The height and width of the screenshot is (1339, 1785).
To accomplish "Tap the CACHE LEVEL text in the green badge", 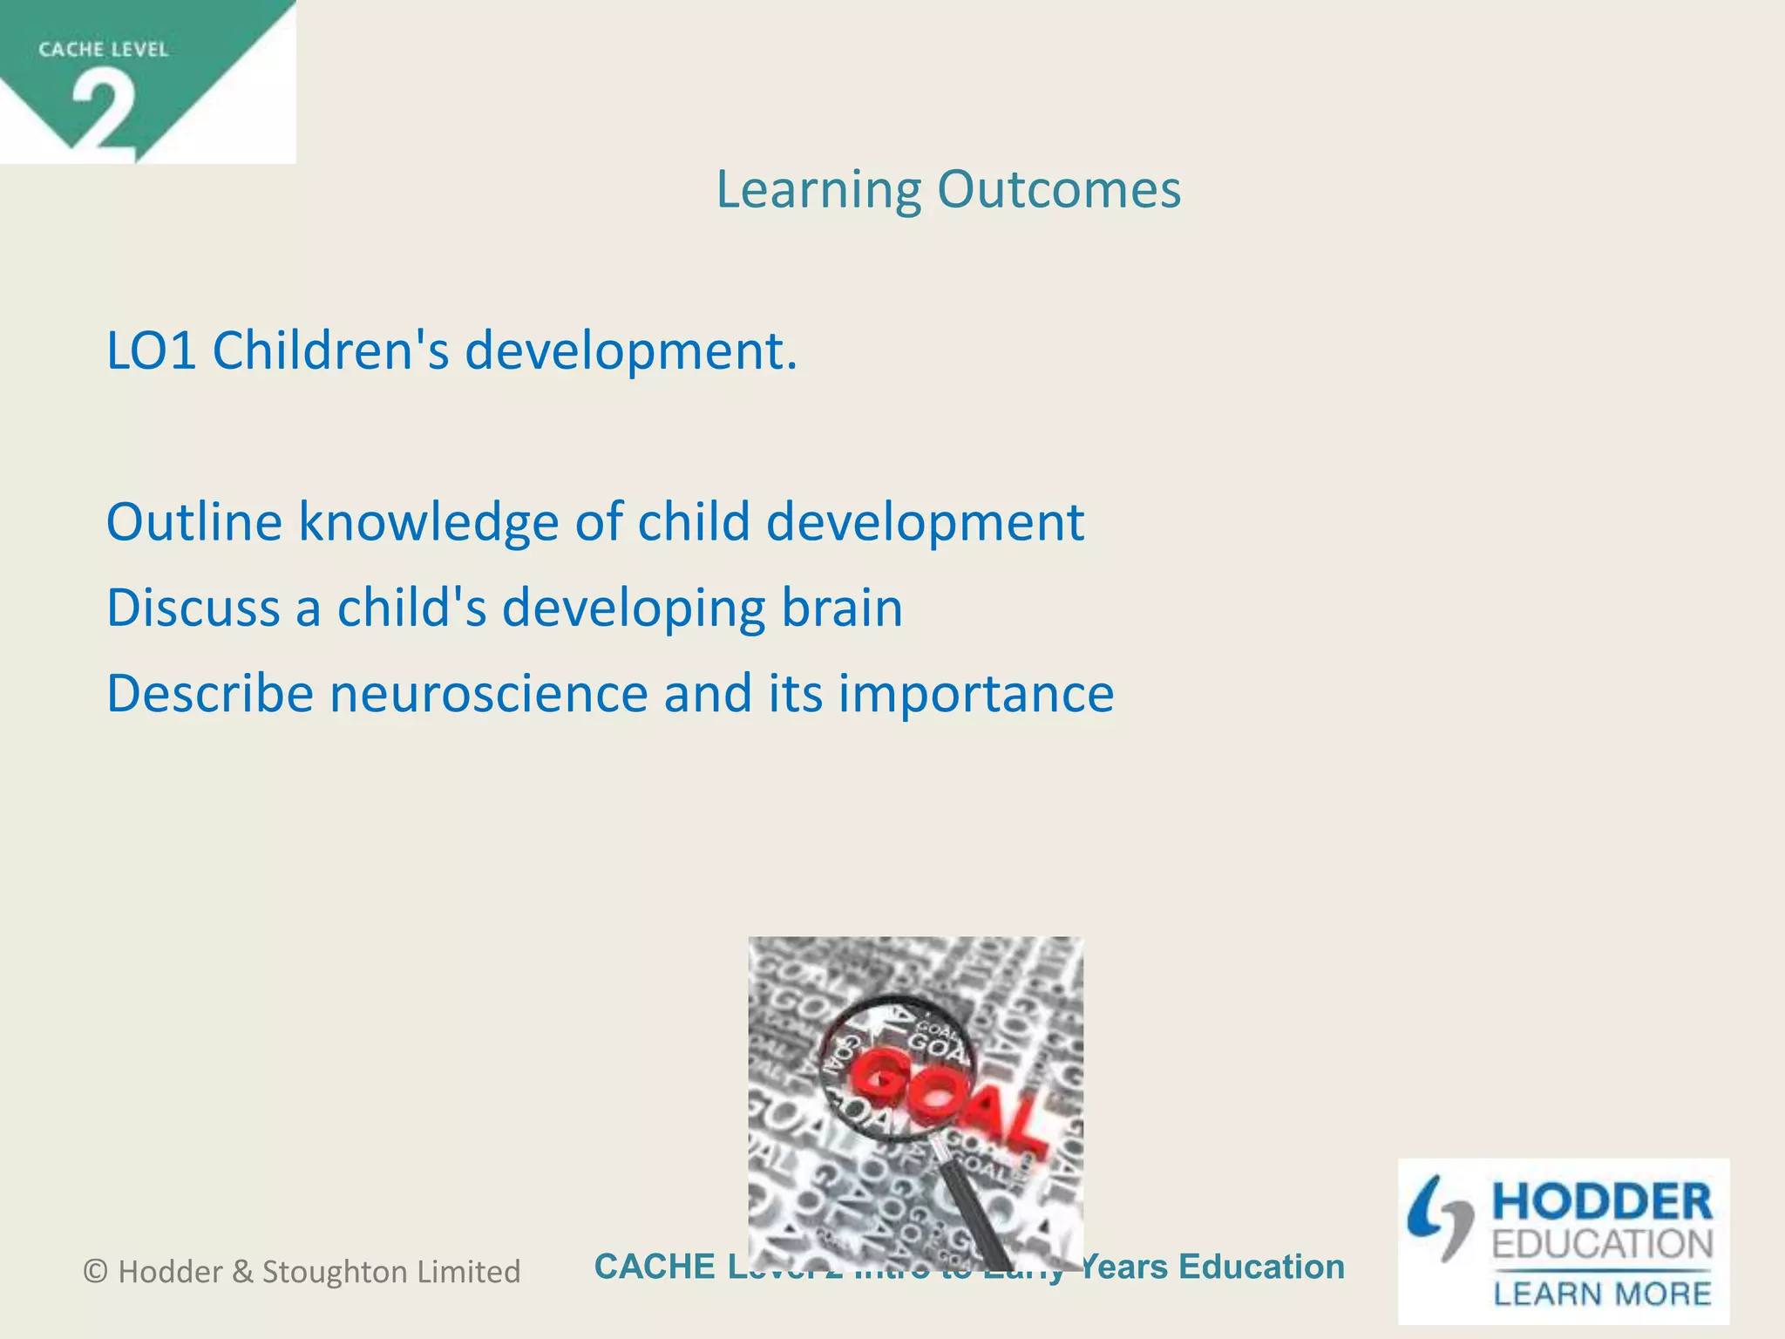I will (x=103, y=50).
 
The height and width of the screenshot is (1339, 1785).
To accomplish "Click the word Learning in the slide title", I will (x=818, y=190).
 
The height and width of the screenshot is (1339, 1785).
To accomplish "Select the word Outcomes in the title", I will (x=1059, y=190).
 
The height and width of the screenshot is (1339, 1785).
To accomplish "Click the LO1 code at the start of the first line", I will (x=151, y=351).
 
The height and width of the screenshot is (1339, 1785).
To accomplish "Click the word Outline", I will (x=194, y=522).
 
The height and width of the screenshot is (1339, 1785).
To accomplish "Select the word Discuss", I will (x=193, y=608).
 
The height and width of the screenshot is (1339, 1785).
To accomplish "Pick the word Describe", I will (x=209, y=694).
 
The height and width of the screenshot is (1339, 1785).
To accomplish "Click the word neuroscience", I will (x=488, y=694).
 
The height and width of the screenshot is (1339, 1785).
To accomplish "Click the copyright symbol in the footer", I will (x=96, y=1272).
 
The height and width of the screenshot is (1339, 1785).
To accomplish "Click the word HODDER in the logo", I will (x=1602, y=1202).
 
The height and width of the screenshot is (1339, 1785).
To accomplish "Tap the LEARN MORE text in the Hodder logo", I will (x=1602, y=1293).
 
